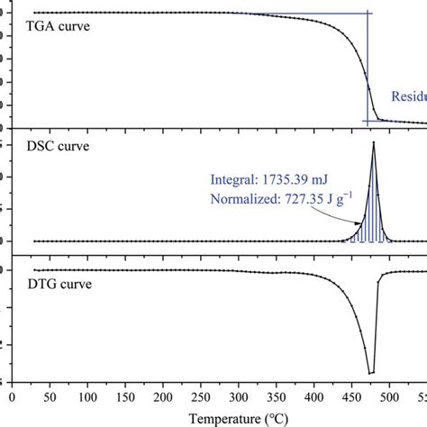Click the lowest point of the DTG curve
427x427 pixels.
[369, 372]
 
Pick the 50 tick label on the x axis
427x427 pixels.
[50, 395]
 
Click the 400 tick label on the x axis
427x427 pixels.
[314, 395]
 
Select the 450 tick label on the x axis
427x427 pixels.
[352, 395]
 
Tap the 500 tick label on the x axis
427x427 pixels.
[390, 395]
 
